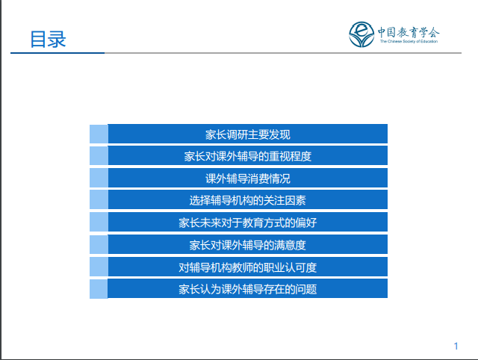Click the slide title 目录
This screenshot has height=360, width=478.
click(x=48, y=40)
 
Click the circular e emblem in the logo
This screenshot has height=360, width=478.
click(x=361, y=34)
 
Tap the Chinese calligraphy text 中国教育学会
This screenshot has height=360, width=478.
click(x=409, y=32)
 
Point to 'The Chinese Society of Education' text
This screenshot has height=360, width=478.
click(x=409, y=42)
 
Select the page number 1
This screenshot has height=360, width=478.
click(x=456, y=346)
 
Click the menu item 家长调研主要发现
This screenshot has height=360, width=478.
click(x=247, y=134)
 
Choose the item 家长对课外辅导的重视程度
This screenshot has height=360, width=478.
click(x=247, y=156)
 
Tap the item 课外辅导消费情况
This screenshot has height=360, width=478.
click(x=247, y=179)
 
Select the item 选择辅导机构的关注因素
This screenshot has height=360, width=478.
click(x=247, y=201)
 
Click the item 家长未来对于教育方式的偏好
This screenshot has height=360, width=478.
click(x=247, y=223)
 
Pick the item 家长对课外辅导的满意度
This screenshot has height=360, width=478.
click(x=247, y=245)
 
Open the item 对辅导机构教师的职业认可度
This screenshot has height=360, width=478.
click(x=247, y=267)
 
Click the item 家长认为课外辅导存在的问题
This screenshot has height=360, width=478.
click(x=247, y=289)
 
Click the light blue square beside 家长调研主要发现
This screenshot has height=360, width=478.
click(x=99, y=134)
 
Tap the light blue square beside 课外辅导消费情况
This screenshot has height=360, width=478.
click(x=99, y=178)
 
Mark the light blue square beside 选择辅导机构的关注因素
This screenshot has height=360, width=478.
click(x=99, y=199)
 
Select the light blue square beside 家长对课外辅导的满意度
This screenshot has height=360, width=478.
click(x=99, y=244)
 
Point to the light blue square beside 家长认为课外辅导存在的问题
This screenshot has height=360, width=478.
click(x=99, y=289)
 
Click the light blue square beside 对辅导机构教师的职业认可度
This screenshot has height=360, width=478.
click(x=99, y=267)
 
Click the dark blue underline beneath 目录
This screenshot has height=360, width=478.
click(x=58, y=53)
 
